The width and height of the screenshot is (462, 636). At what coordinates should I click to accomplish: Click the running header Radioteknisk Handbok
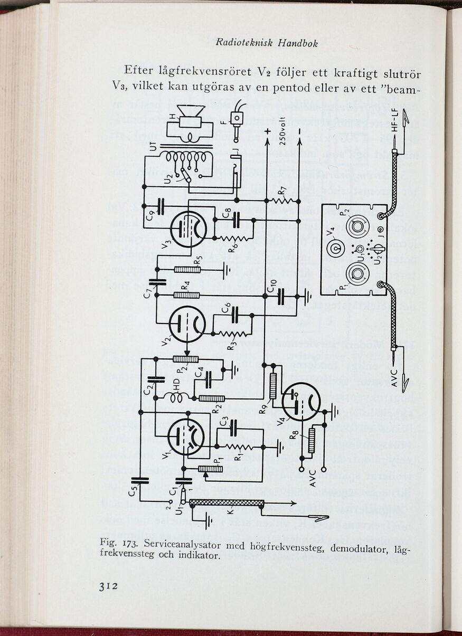267,43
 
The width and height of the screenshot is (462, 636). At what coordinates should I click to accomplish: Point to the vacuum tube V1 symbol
186,436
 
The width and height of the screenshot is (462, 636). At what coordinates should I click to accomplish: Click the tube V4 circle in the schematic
301,402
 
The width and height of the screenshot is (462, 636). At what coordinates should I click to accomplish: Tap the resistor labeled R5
187,270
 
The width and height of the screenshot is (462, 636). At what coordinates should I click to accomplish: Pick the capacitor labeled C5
142,480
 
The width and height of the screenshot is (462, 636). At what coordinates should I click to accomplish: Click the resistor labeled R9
273,386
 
